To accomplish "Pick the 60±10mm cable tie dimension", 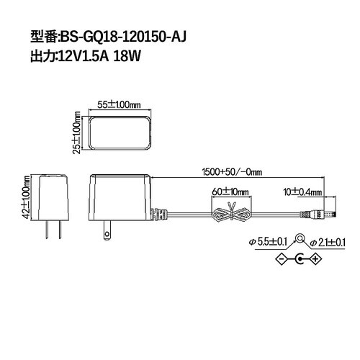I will pyautogui.click(x=230, y=192).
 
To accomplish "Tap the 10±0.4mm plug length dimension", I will pyautogui.click(x=302, y=192).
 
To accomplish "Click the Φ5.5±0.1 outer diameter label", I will pyautogui.click(x=267, y=241).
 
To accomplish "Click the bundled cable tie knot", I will pyautogui.click(x=231, y=214).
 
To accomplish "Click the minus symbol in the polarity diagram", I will pyautogui.click(x=282, y=261).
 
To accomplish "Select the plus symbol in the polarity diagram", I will pyautogui.click(x=315, y=261).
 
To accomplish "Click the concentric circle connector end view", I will pyautogui.click(x=299, y=241).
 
